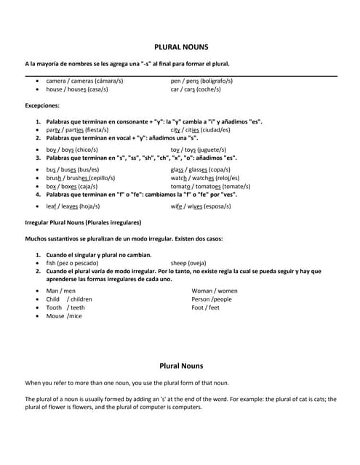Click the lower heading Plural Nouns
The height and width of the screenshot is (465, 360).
coord(181,365)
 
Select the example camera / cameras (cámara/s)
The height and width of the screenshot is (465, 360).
coord(84,81)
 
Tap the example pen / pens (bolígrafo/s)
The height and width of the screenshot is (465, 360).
coord(201,81)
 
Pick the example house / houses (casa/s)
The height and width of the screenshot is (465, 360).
coord(77,89)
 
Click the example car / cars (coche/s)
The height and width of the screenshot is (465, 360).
coord(196,89)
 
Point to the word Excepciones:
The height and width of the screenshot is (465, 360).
coord(42,105)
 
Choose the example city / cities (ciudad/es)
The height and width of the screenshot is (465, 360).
coord(200,130)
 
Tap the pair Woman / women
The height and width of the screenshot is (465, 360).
coord(214,291)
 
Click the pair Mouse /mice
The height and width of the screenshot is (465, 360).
coord(64,316)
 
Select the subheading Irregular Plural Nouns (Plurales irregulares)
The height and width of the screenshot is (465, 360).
coord(83,222)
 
